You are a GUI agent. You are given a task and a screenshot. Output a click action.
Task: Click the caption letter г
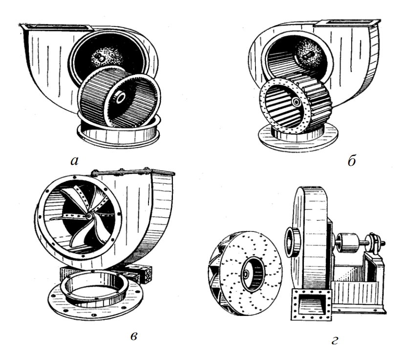click(334, 339)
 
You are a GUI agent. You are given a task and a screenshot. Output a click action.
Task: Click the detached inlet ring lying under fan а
click(117, 131)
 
